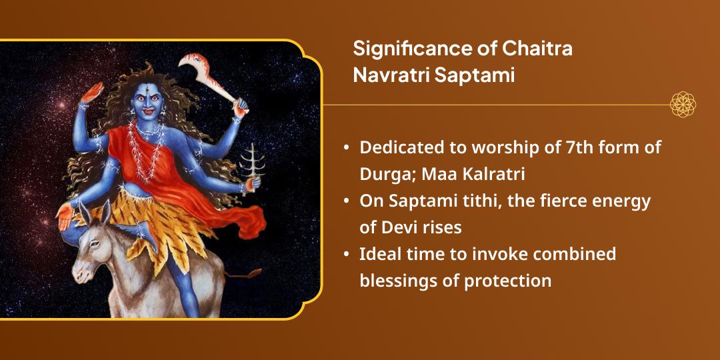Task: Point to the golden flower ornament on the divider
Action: tap(683, 105)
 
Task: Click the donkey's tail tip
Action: tap(255, 273)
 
